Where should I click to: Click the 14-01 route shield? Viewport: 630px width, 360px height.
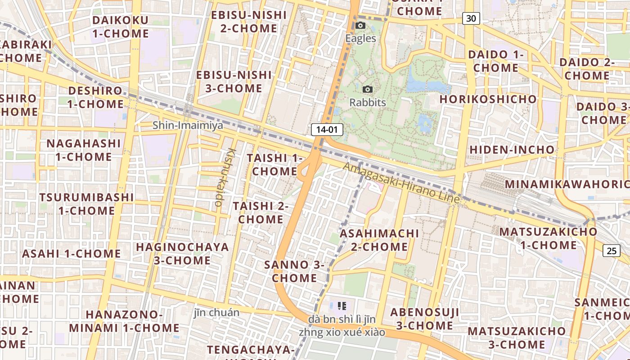tap(327, 130)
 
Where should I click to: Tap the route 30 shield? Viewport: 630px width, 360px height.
tap(471, 18)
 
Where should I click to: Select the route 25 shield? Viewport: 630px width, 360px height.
tap(612, 251)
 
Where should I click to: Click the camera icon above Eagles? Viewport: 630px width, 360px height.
tap(360, 26)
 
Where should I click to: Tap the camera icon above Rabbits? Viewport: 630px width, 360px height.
tap(368, 90)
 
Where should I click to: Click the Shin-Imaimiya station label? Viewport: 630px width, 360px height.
tap(188, 125)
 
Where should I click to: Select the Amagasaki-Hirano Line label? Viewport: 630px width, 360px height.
tap(401, 183)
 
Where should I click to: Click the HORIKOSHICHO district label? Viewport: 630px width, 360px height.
tap(488, 99)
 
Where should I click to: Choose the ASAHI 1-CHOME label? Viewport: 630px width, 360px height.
tap(72, 254)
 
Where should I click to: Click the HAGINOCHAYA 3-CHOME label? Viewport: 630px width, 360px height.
tap(182, 254)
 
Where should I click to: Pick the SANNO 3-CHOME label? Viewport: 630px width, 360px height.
tap(294, 271)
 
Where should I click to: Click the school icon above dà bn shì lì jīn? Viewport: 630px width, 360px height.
tap(342, 306)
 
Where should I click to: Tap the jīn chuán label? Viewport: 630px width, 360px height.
tap(216, 312)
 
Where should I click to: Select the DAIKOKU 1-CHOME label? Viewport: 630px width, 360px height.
tap(120, 27)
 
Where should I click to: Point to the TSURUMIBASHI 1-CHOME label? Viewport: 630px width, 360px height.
tap(86, 204)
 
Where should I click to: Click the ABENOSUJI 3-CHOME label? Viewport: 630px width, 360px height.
tap(424, 319)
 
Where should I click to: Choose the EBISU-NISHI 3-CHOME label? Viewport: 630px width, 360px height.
tap(234, 81)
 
